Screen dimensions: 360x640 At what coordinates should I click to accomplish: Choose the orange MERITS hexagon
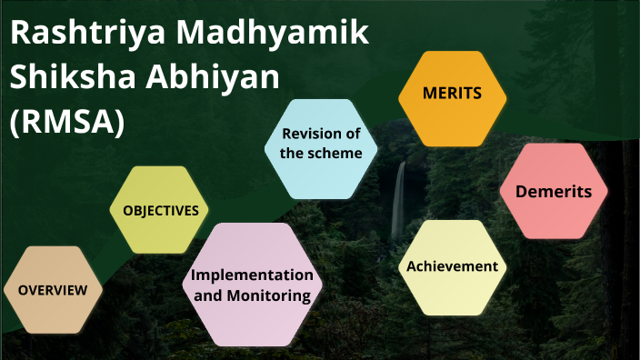tap(452, 94)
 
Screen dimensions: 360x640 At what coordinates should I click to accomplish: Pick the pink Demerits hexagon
tap(553, 191)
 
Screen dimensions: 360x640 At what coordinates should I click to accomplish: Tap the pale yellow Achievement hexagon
tap(452, 266)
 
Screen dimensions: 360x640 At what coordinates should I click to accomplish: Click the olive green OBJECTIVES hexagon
tap(160, 210)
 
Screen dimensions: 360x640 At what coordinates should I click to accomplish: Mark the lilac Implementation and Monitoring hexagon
tap(252, 285)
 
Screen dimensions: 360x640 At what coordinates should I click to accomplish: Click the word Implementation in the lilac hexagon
tap(252, 275)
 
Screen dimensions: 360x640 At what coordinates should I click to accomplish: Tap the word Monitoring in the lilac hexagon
tap(272, 295)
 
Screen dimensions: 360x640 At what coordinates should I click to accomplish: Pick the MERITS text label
tap(452, 94)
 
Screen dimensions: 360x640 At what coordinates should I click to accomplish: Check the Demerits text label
tap(553, 191)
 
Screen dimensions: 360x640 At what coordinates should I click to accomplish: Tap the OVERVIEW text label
tap(53, 291)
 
